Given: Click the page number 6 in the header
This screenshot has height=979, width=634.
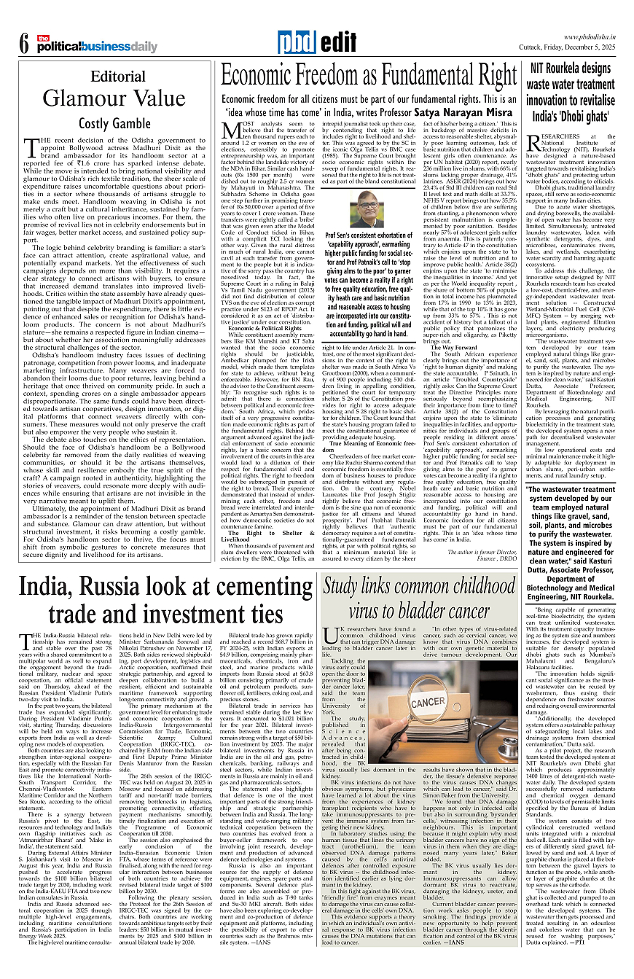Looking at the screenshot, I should [23, 44].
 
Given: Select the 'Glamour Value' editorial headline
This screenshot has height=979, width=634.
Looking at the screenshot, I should [104, 98].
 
